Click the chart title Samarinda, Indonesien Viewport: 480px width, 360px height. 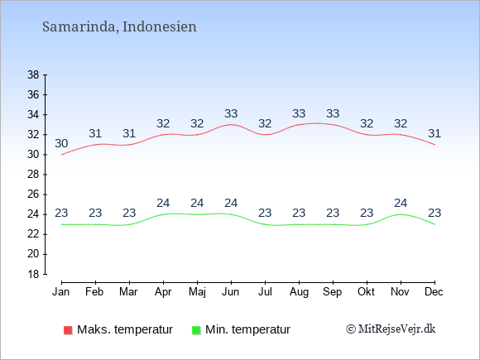coord(119,26)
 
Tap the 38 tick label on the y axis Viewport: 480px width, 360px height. coord(33,74)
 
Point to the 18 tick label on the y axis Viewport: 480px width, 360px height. coord(33,274)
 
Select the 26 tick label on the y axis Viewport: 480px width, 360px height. coord(33,194)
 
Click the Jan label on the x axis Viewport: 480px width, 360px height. coord(61,292)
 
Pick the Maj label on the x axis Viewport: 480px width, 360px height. coord(197,292)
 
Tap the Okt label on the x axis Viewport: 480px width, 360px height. coord(366,292)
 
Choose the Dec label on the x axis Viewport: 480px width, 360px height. coord(434,292)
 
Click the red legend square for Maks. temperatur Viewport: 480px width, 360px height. coord(68,330)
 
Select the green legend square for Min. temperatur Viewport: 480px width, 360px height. coord(196,330)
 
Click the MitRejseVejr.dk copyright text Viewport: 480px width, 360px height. coord(391,329)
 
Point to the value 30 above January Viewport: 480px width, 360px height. coord(61,143)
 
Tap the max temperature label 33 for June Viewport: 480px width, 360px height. coord(231,113)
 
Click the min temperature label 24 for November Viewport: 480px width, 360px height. coord(401,203)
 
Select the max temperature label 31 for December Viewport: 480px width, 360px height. coord(434,133)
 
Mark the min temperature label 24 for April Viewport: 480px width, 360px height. coord(163,203)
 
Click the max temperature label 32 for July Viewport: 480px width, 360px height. coord(265,123)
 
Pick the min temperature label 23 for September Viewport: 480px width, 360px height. coord(333,213)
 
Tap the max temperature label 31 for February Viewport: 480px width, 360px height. coord(95,133)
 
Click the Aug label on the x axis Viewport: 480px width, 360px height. coord(299,292)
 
